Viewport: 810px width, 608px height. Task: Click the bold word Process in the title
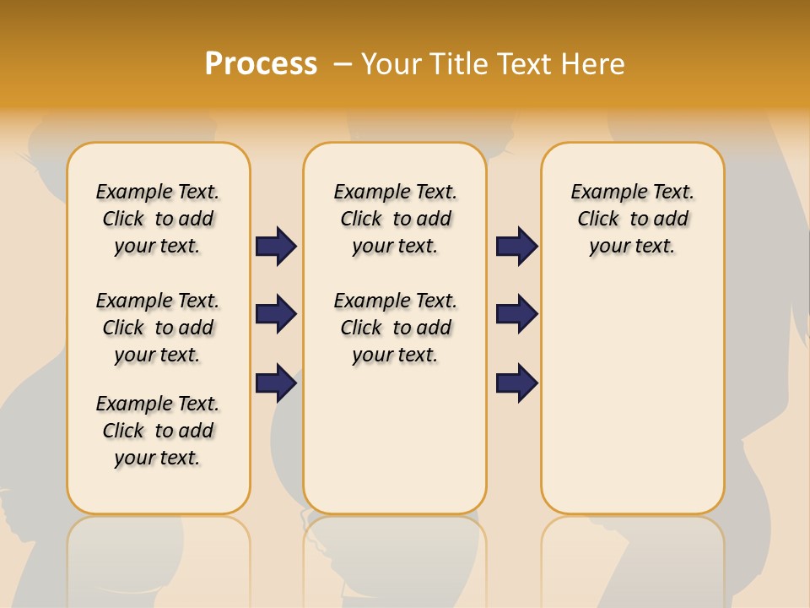coord(261,63)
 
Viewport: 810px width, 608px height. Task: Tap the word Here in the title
coord(596,64)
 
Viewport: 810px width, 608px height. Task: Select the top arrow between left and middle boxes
coord(276,246)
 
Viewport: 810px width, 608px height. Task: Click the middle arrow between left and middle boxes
coord(276,314)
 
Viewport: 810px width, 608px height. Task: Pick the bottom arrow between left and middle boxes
coord(276,383)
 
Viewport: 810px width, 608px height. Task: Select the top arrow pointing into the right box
coord(516,246)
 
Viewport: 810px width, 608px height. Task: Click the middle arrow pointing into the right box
coord(516,314)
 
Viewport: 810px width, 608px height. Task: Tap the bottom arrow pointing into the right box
coord(516,383)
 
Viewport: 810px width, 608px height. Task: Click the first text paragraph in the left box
coord(158,219)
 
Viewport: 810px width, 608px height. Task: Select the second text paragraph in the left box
coord(158,328)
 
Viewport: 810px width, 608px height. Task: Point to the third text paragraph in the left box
coord(158,431)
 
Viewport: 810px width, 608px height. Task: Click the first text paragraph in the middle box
coord(395,219)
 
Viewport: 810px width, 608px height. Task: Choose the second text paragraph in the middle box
coord(395,328)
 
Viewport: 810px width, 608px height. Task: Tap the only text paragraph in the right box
coord(632,219)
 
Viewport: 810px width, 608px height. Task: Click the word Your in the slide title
coord(392,64)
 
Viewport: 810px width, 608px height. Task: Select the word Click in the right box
coord(598,220)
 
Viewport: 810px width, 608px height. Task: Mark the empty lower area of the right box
coord(632,397)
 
